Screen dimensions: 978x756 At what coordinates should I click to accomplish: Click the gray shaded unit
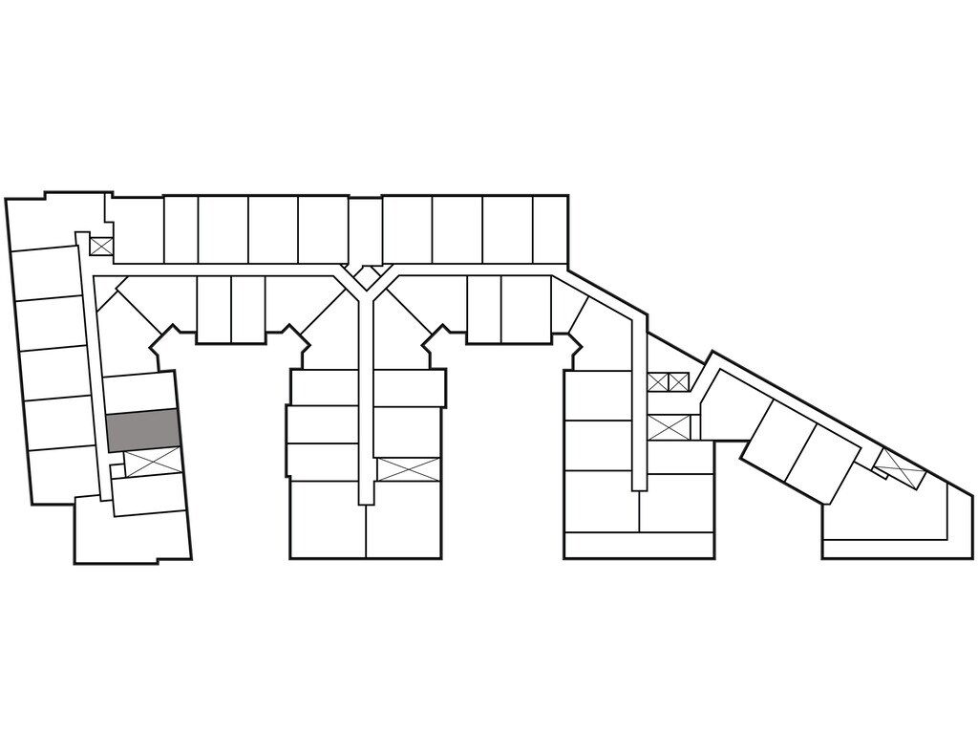click(x=142, y=430)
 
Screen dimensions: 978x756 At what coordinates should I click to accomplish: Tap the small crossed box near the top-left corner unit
click(x=101, y=246)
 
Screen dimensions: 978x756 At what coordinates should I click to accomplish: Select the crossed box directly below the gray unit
click(x=153, y=462)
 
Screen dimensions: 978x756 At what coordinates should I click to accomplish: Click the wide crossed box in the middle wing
click(x=408, y=469)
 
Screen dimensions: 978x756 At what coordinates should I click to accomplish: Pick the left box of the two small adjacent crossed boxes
click(x=658, y=382)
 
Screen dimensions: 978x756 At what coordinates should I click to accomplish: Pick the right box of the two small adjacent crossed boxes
click(x=678, y=382)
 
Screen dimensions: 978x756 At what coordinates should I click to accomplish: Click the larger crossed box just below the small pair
click(x=668, y=427)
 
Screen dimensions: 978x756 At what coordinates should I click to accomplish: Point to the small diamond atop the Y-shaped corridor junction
click(x=363, y=277)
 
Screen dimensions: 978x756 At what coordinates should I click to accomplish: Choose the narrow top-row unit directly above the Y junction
click(x=365, y=229)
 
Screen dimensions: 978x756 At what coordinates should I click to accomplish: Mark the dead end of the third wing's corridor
click(x=638, y=483)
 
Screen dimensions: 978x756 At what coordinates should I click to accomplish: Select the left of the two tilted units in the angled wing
click(x=779, y=439)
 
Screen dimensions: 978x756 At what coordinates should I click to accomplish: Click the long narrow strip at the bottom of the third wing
click(x=639, y=546)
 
